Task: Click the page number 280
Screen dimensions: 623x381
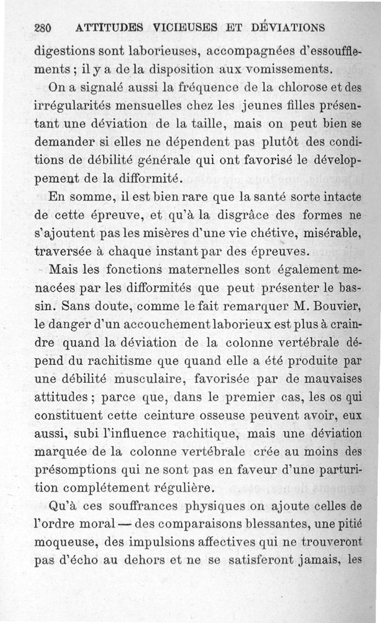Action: point(43,28)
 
